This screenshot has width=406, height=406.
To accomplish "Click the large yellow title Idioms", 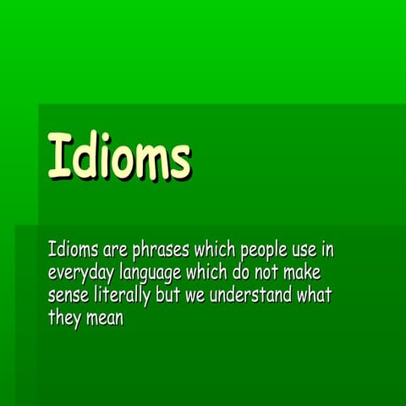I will click(x=118, y=156).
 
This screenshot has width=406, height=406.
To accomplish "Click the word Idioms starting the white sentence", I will click(x=74, y=250).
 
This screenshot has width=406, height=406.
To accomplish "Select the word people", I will click(x=264, y=251).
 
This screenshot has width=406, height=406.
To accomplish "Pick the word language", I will click(x=155, y=274).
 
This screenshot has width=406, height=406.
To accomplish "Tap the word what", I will click(x=314, y=296).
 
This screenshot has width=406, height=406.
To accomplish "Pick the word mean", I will click(x=105, y=319).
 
